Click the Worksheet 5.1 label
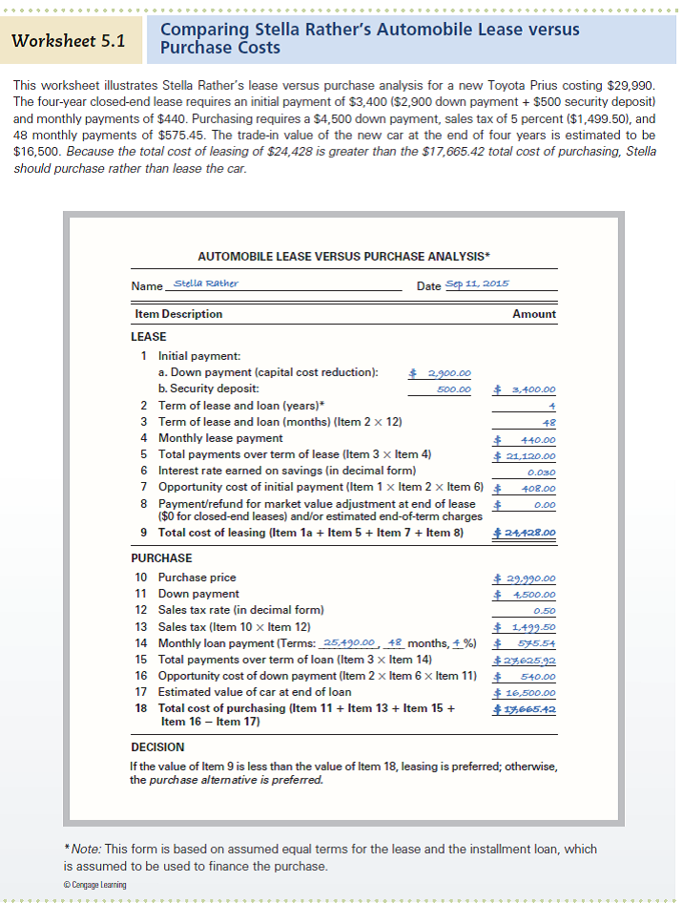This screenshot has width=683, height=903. point(68,41)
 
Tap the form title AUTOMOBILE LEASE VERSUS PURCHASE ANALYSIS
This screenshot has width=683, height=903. point(343,256)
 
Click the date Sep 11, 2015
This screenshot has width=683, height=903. point(478,284)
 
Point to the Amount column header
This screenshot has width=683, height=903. point(534,313)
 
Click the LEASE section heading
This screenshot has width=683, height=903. point(148,337)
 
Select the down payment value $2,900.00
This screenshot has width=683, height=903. point(440,373)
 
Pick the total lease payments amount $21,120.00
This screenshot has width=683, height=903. point(525,455)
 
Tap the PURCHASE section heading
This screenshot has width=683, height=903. point(161,558)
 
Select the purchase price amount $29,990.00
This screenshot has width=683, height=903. point(525,578)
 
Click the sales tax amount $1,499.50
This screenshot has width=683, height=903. point(525,627)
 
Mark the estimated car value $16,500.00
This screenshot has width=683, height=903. point(525,692)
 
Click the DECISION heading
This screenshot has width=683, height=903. point(157,746)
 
